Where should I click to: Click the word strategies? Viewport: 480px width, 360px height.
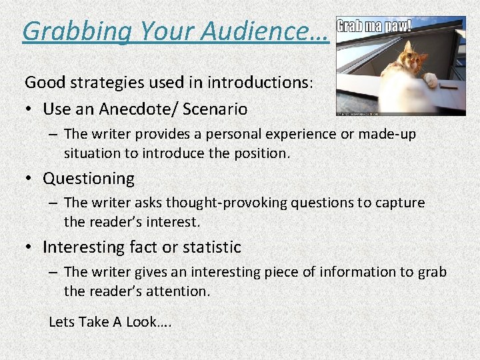point(109,83)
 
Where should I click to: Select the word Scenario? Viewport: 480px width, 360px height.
point(216,109)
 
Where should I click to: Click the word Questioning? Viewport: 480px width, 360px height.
point(89,179)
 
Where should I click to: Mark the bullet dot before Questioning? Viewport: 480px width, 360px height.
point(30,179)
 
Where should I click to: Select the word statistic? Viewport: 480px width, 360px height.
point(212,247)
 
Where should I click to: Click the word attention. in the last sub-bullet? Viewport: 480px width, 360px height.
point(177,291)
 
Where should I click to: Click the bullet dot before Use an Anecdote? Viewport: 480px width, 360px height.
point(30,109)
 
